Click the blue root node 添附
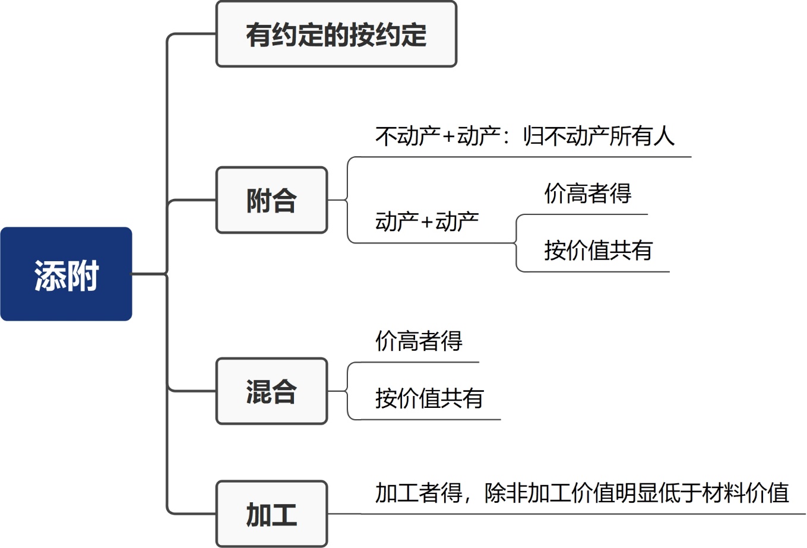66,274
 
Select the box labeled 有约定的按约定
336,34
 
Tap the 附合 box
271,200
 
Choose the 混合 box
271,391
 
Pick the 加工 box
271,514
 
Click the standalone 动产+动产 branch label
427,221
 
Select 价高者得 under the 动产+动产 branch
587,194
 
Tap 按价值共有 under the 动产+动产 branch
598,251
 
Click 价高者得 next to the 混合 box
419,341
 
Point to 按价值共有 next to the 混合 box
429,398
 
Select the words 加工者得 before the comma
419,493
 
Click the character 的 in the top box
336,34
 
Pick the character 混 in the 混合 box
259,392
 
